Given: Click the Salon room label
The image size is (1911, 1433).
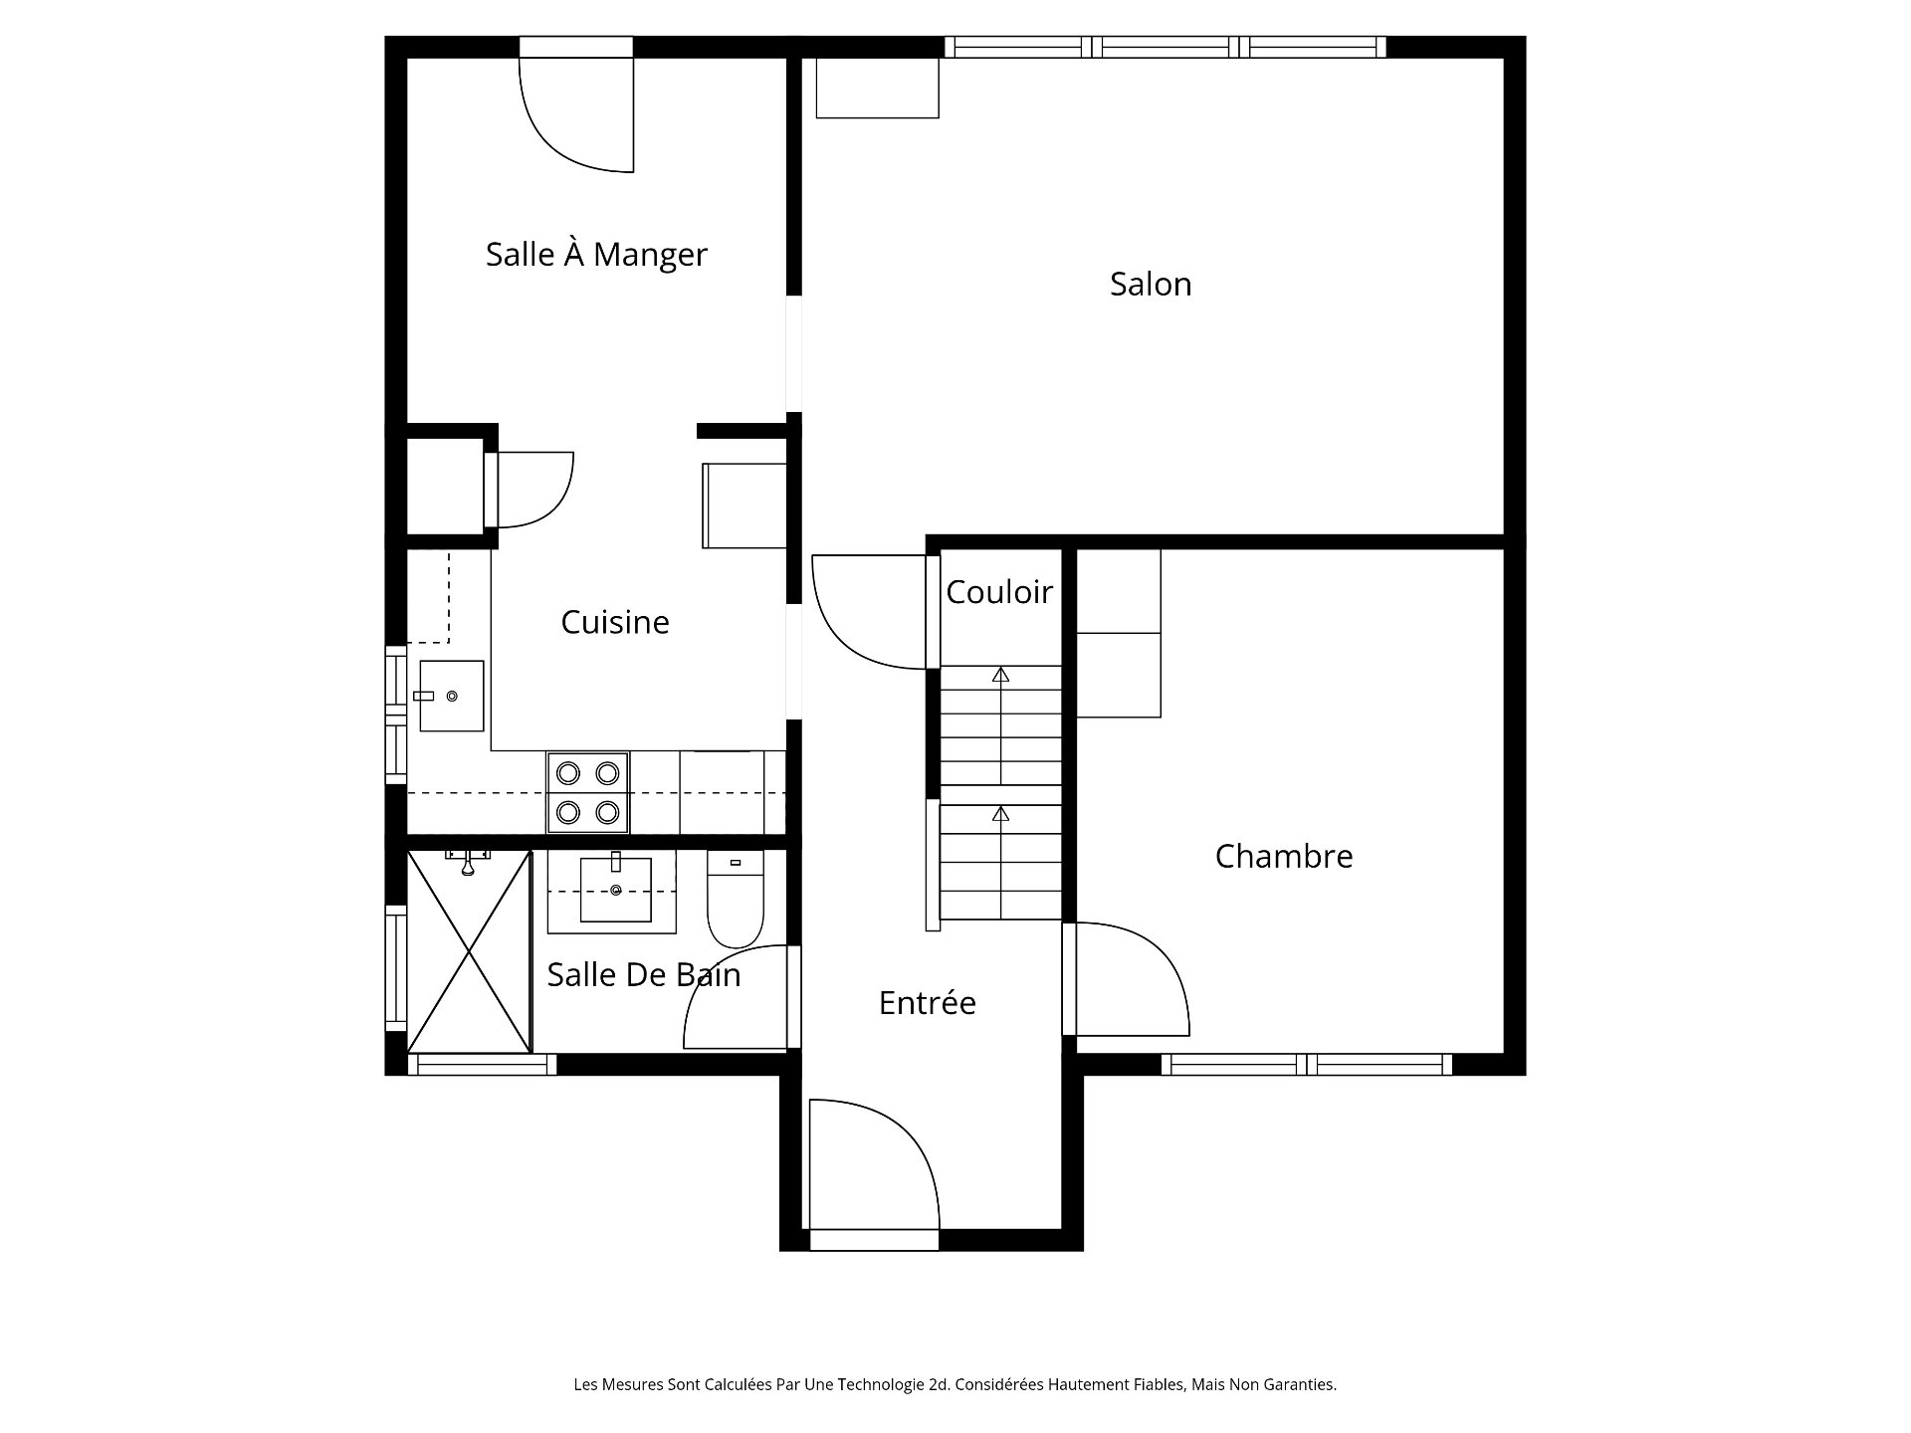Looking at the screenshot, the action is (1151, 285).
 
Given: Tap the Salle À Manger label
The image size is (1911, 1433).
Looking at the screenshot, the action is (596, 255).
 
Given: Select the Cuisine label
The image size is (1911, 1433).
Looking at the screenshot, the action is (615, 622).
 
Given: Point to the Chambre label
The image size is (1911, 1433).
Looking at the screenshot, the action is (1284, 856).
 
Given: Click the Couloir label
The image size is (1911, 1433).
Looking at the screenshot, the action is (999, 592).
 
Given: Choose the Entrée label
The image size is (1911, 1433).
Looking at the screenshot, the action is (927, 1002).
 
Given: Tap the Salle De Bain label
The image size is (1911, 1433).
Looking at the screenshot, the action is (644, 974).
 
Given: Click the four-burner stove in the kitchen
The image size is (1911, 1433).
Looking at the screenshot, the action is (587, 792).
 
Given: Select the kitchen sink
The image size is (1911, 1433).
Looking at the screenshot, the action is (451, 696).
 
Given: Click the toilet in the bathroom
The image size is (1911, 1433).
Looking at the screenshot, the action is (736, 898).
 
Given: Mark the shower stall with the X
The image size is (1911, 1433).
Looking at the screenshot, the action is (469, 951).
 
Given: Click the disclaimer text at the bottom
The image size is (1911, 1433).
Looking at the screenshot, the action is (955, 1384).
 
